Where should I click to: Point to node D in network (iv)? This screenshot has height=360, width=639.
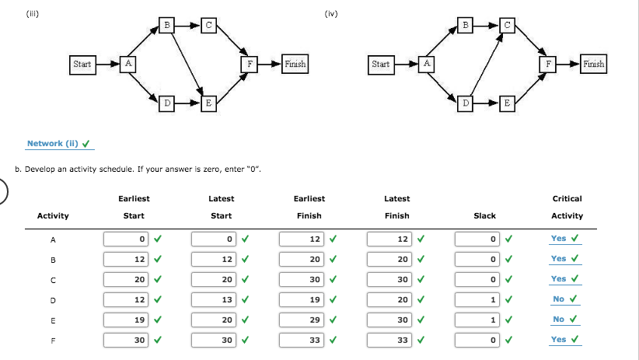[x=466, y=103]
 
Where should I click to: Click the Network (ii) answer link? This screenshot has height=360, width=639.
[x=53, y=143]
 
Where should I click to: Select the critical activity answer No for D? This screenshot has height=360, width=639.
[x=559, y=299]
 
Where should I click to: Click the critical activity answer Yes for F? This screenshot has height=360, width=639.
[x=559, y=340]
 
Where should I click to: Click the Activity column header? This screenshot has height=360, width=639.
[x=53, y=215]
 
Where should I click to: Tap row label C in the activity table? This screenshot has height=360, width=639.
[x=53, y=279]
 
